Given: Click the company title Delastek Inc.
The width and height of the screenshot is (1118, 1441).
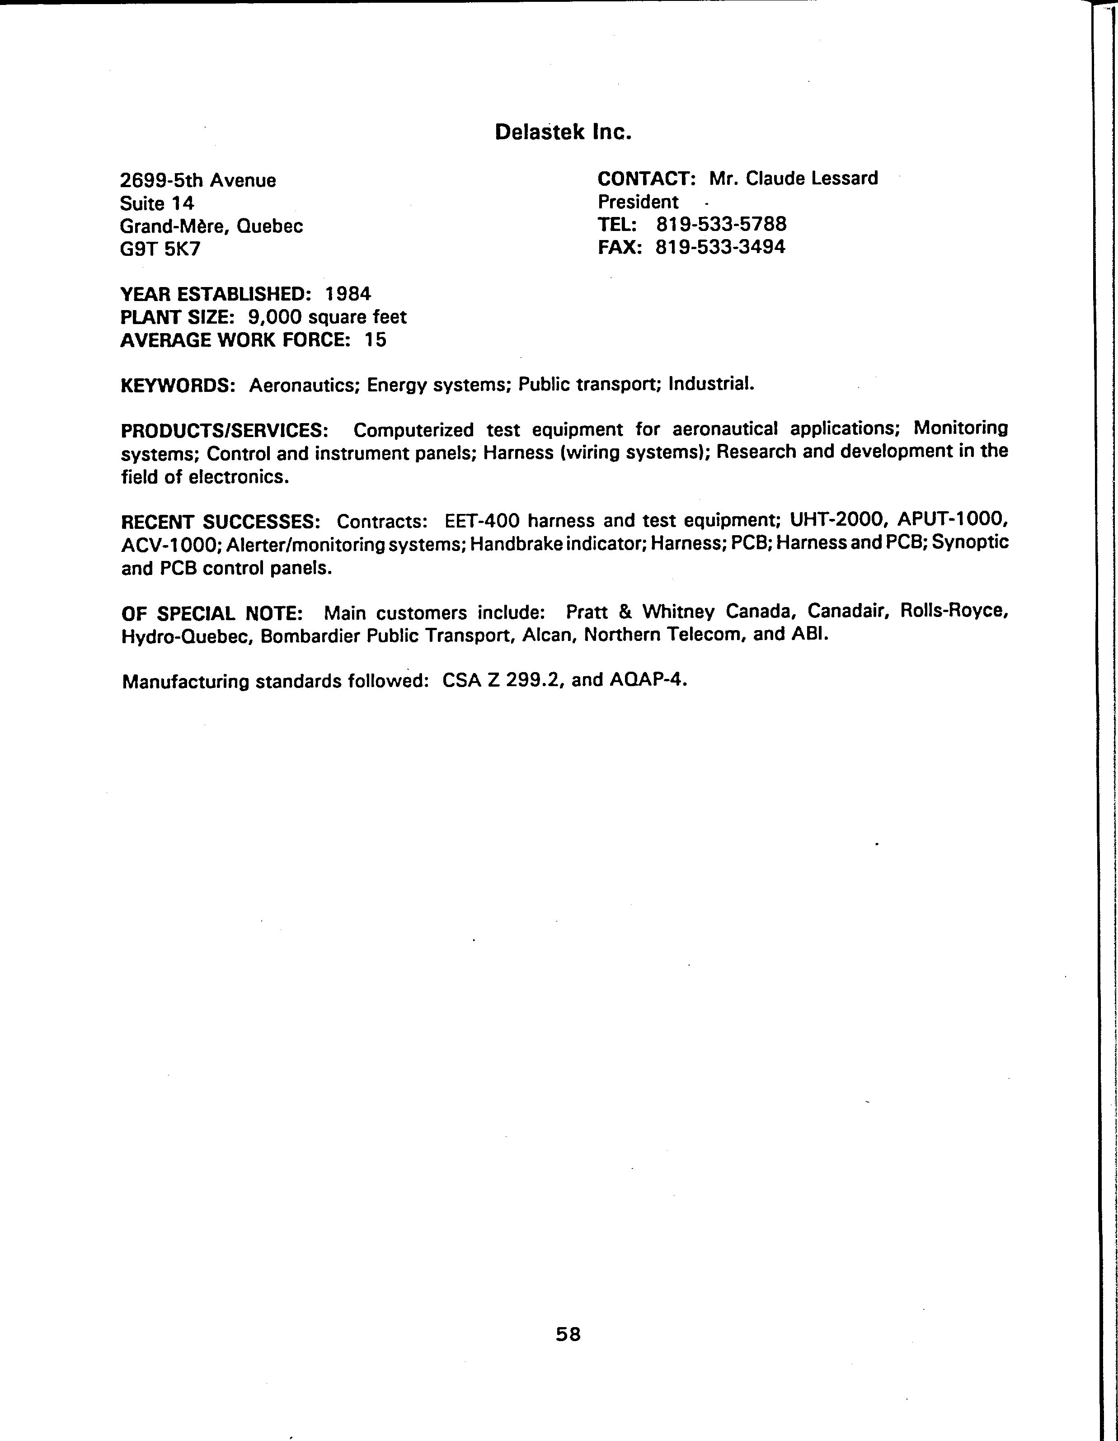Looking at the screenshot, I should coord(563,132).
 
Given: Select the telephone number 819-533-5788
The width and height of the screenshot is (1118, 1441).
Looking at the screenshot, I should coord(721,224).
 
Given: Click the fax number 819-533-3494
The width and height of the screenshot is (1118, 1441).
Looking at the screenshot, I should coord(720,247).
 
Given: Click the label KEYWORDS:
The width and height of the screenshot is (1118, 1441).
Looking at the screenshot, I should coord(178,385).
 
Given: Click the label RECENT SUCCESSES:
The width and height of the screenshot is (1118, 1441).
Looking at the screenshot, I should coord(221,522).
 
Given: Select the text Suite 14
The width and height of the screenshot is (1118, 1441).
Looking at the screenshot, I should coord(157,203).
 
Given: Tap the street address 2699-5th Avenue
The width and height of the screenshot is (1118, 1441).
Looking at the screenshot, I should coord(198,180).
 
